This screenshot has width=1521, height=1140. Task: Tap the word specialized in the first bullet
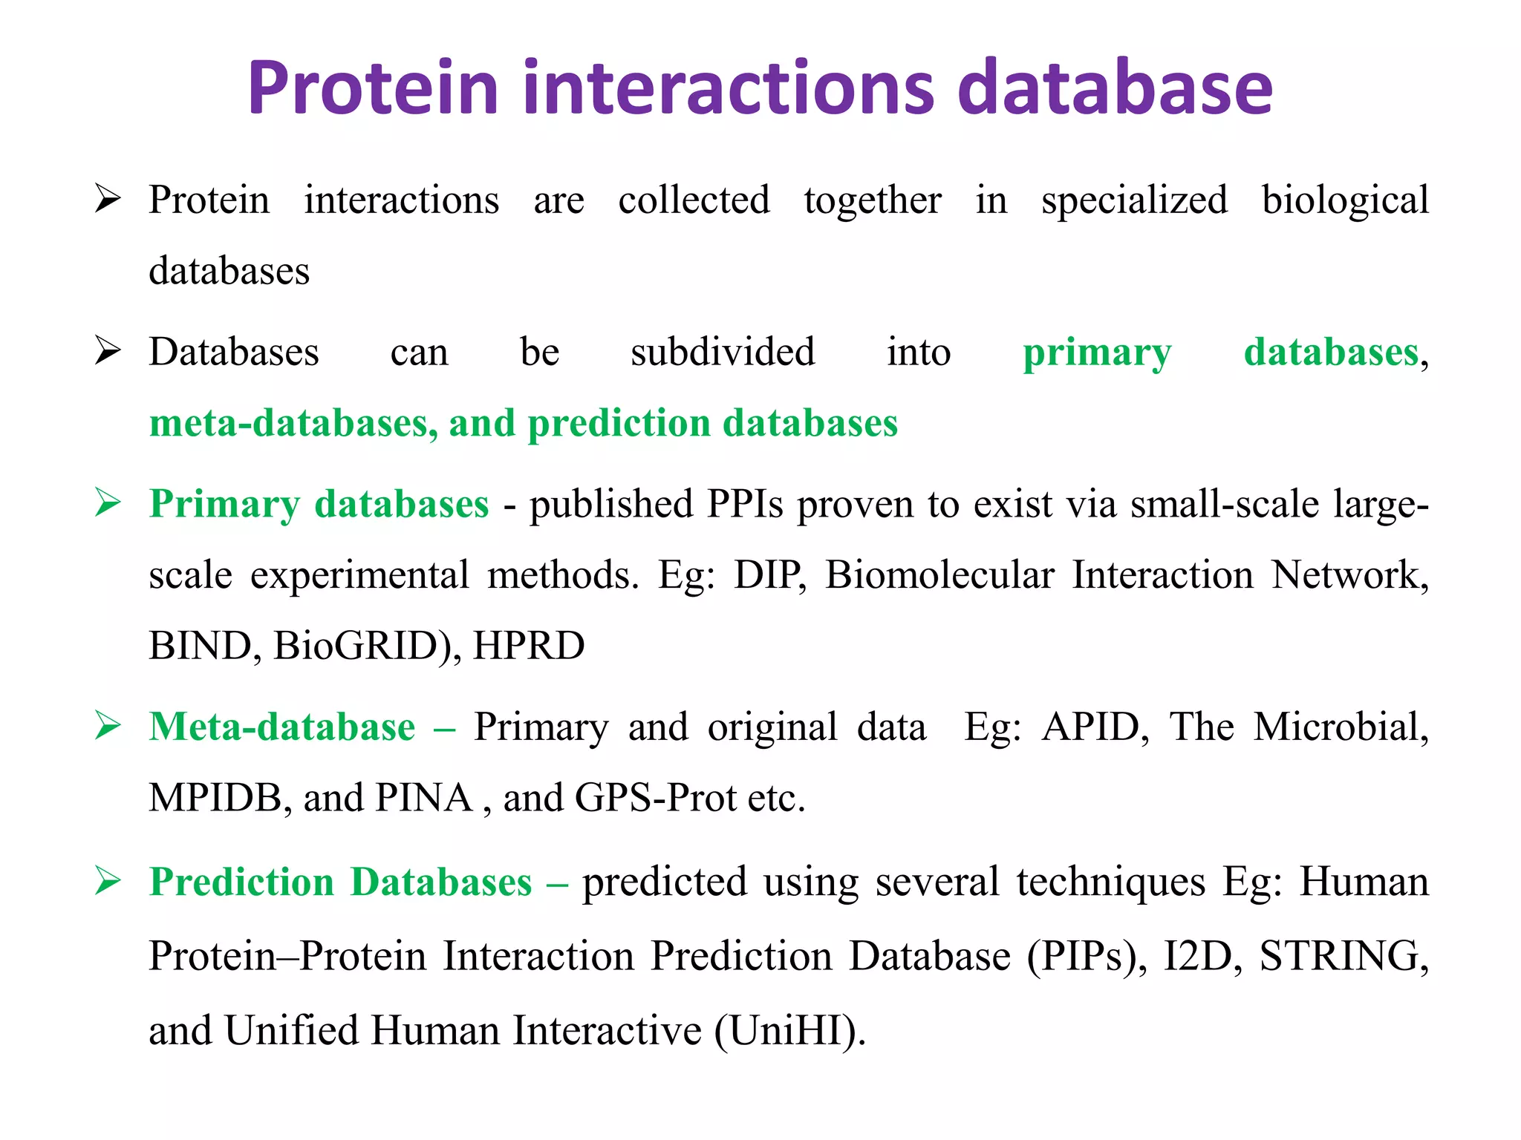click(x=1134, y=200)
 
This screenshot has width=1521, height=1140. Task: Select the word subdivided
click(x=723, y=352)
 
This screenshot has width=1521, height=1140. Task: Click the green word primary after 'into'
click(x=1097, y=353)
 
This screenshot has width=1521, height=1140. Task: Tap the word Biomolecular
click(x=939, y=575)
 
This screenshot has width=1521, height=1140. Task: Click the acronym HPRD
click(x=529, y=646)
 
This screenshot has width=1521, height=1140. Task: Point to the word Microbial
click(x=1339, y=727)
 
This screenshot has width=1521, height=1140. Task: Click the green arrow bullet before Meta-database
click(x=108, y=726)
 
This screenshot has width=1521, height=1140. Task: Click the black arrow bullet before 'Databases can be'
click(x=108, y=351)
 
